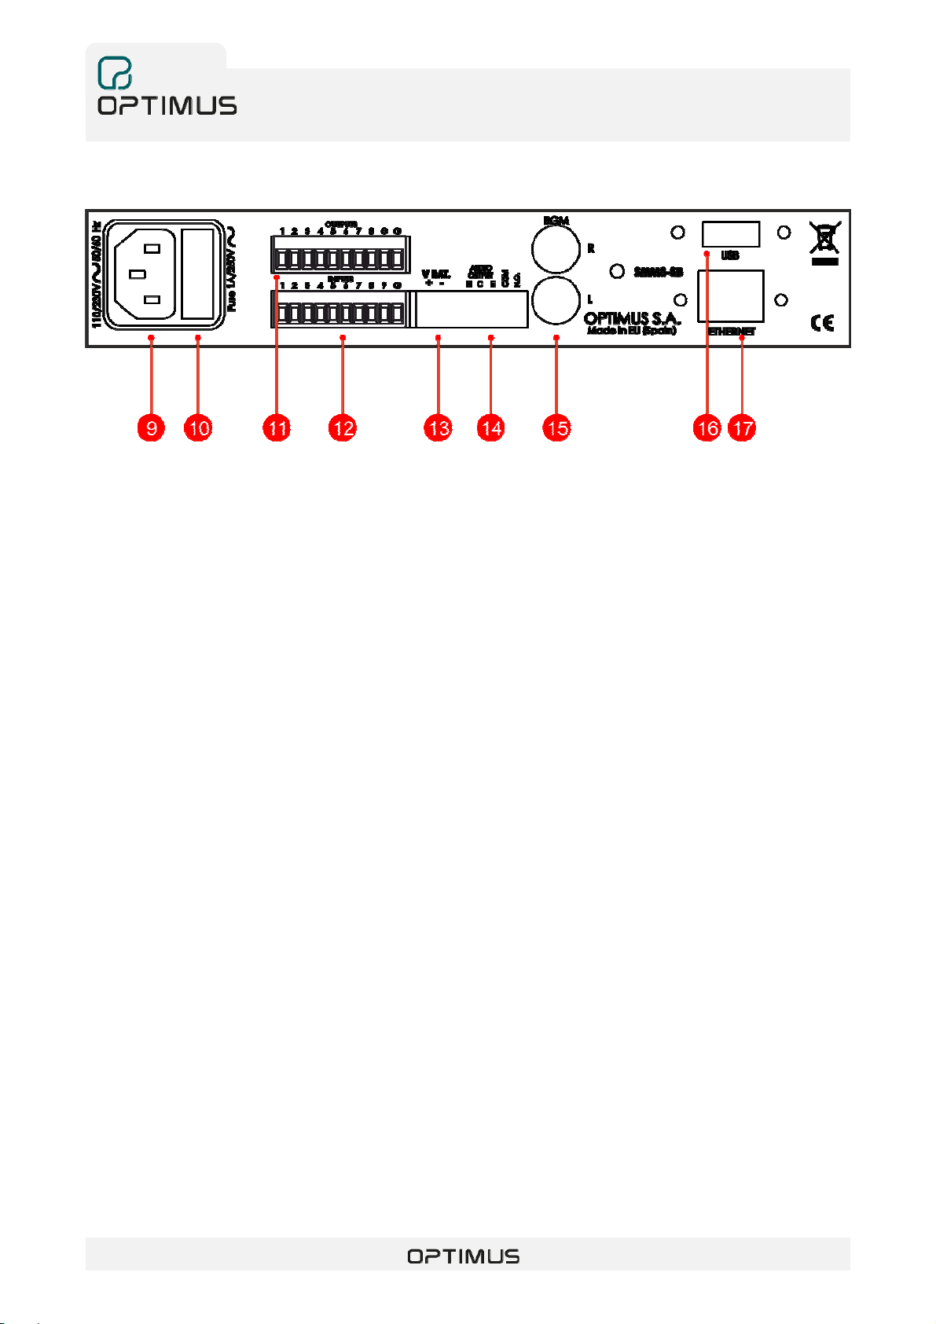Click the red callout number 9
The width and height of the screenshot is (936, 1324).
[151, 428]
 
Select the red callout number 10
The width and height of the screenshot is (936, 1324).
[198, 428]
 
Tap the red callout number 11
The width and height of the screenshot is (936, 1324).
[277, 428]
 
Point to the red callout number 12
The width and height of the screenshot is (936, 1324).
[343, 428]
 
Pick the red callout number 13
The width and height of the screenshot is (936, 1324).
[439, 428]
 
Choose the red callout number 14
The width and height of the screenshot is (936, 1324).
[491, 428]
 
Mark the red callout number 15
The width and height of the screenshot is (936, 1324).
[556, 428]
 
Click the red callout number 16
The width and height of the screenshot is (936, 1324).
[707, 428]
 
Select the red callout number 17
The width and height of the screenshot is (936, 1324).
[742, 428]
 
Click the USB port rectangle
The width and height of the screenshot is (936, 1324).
[730, 234]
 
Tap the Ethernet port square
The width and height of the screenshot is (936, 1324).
[730, 295]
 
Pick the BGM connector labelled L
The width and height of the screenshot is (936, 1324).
[556, 300]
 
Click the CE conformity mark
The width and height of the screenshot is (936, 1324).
[822, 322]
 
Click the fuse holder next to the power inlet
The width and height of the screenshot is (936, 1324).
[197, 273]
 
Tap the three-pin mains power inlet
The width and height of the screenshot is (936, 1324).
[142, 273]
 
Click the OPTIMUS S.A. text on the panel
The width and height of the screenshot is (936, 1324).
[632, 319]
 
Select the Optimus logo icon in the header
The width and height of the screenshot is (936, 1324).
[115, 73]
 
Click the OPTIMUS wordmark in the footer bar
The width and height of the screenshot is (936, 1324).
[463, 1256]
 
